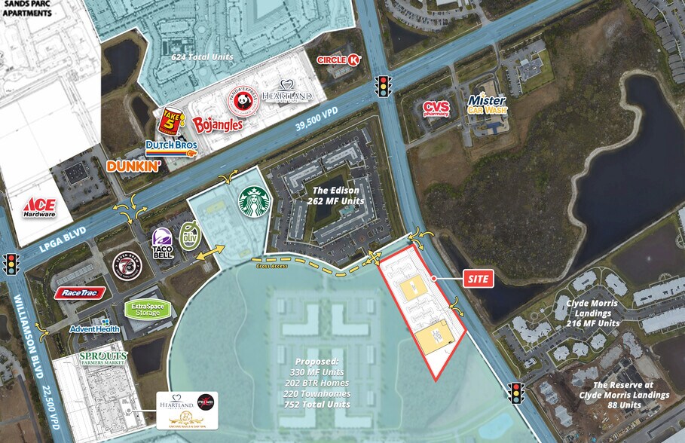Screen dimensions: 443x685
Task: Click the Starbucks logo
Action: point(254,203)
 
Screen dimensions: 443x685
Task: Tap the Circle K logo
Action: point(339,59)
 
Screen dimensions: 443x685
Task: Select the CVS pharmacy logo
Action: point(436,109)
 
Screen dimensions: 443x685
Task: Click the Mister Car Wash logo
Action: point(487,104)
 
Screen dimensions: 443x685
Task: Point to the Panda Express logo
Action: point(243,101)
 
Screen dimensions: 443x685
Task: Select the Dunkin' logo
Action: point(134,166)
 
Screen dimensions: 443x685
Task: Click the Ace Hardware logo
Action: point(39,208)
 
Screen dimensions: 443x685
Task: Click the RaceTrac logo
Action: point(79,292)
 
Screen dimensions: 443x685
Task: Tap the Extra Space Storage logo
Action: point(147,309)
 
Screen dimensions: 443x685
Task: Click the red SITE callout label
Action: point(479,280)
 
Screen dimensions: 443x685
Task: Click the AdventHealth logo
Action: point(95,328)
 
